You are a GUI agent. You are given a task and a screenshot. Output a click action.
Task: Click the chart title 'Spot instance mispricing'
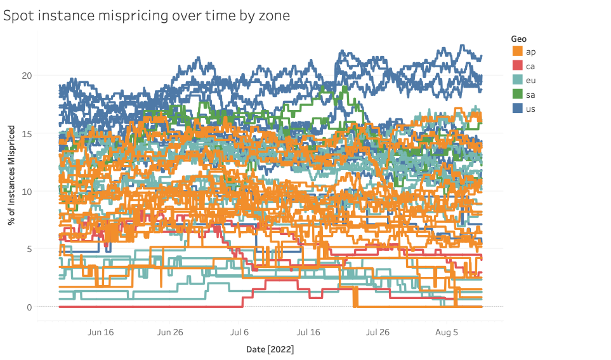tap(147, 16)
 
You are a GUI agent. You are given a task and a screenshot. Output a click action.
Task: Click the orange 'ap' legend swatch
tap(518, 51)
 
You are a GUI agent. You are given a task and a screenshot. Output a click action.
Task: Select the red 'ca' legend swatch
tap(518, 65)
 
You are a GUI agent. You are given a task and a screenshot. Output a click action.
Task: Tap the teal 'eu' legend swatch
tap(518, 80)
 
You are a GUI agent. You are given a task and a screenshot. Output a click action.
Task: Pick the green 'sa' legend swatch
tap(518, 95)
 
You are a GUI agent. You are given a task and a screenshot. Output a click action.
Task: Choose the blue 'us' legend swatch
tap(518, 109)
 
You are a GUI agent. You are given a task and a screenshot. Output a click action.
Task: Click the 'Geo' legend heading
tap(518, 39)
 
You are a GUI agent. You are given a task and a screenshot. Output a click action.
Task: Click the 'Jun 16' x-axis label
tap(100, 332)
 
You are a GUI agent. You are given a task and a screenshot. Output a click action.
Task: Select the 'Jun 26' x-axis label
tap(169, 332)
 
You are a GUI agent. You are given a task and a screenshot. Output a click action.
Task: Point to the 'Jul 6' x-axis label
tap(239, 332)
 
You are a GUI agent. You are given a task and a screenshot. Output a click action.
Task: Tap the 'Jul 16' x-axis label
tap(308, 332)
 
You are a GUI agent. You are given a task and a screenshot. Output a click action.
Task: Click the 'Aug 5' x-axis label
tap(447, 332)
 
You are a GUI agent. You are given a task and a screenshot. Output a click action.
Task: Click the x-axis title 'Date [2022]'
tap(270, 349)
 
